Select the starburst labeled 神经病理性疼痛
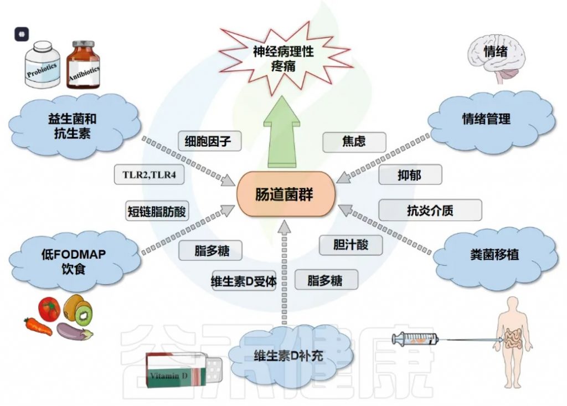(x=284, y=59)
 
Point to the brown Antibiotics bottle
(x=83, y=65)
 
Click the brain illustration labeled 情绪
(x=497, y=59)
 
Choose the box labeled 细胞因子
(x=209, y=141)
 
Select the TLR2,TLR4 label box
(x=149, y=175)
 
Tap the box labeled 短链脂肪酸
(x=157, y=212)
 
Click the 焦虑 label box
(x=354, y=142)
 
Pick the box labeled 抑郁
(x=410, y=175)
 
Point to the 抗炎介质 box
(x=430, y=210)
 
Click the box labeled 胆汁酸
(x=350, y=245)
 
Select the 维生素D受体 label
(x=244, y=281)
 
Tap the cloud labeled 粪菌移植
(x=494, y=255)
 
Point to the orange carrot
(x=38, y=326)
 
